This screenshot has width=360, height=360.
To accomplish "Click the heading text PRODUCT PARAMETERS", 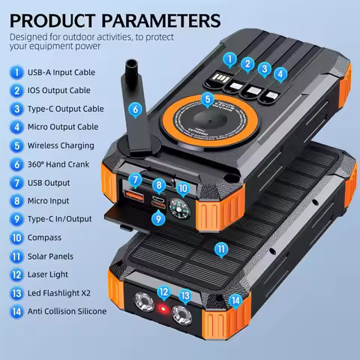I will coord(115,19).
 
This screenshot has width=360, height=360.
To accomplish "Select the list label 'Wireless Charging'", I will coord(62,145).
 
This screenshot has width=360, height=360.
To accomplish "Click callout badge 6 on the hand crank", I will coord(135,109).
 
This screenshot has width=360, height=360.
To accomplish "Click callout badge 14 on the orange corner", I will coord(236,301).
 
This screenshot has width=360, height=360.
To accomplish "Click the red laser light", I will coord(162,308).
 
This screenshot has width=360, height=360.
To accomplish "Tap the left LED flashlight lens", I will coord(141,304).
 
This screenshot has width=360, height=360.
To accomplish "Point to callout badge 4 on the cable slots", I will coord(280,74).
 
